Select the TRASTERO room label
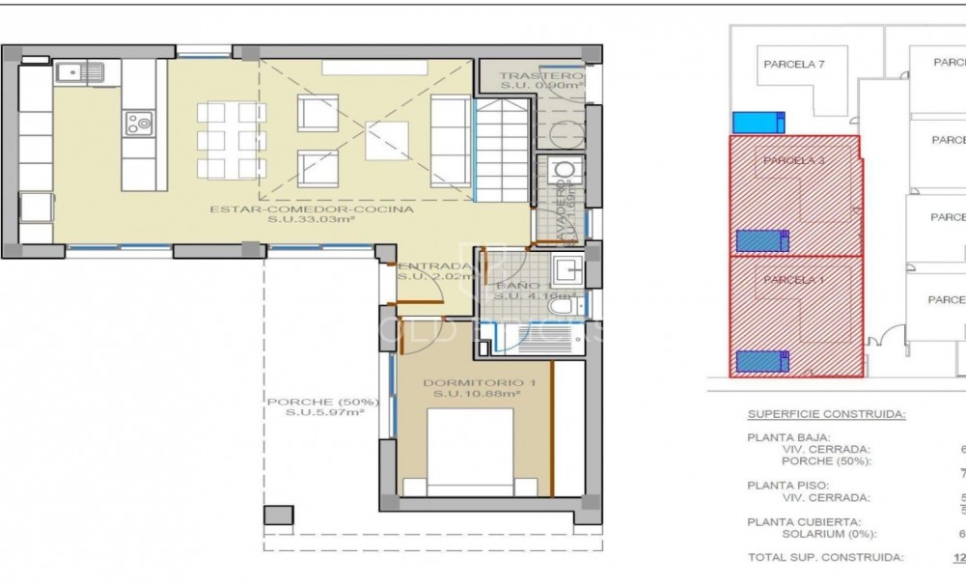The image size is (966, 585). point(541,75)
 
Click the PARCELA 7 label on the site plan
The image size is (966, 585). point(793,65)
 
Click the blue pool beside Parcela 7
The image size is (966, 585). point(759,123)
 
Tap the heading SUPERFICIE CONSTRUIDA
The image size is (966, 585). point(825,414)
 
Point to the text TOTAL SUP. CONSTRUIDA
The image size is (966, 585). point(825,558)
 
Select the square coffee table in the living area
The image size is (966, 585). point(386,139)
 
